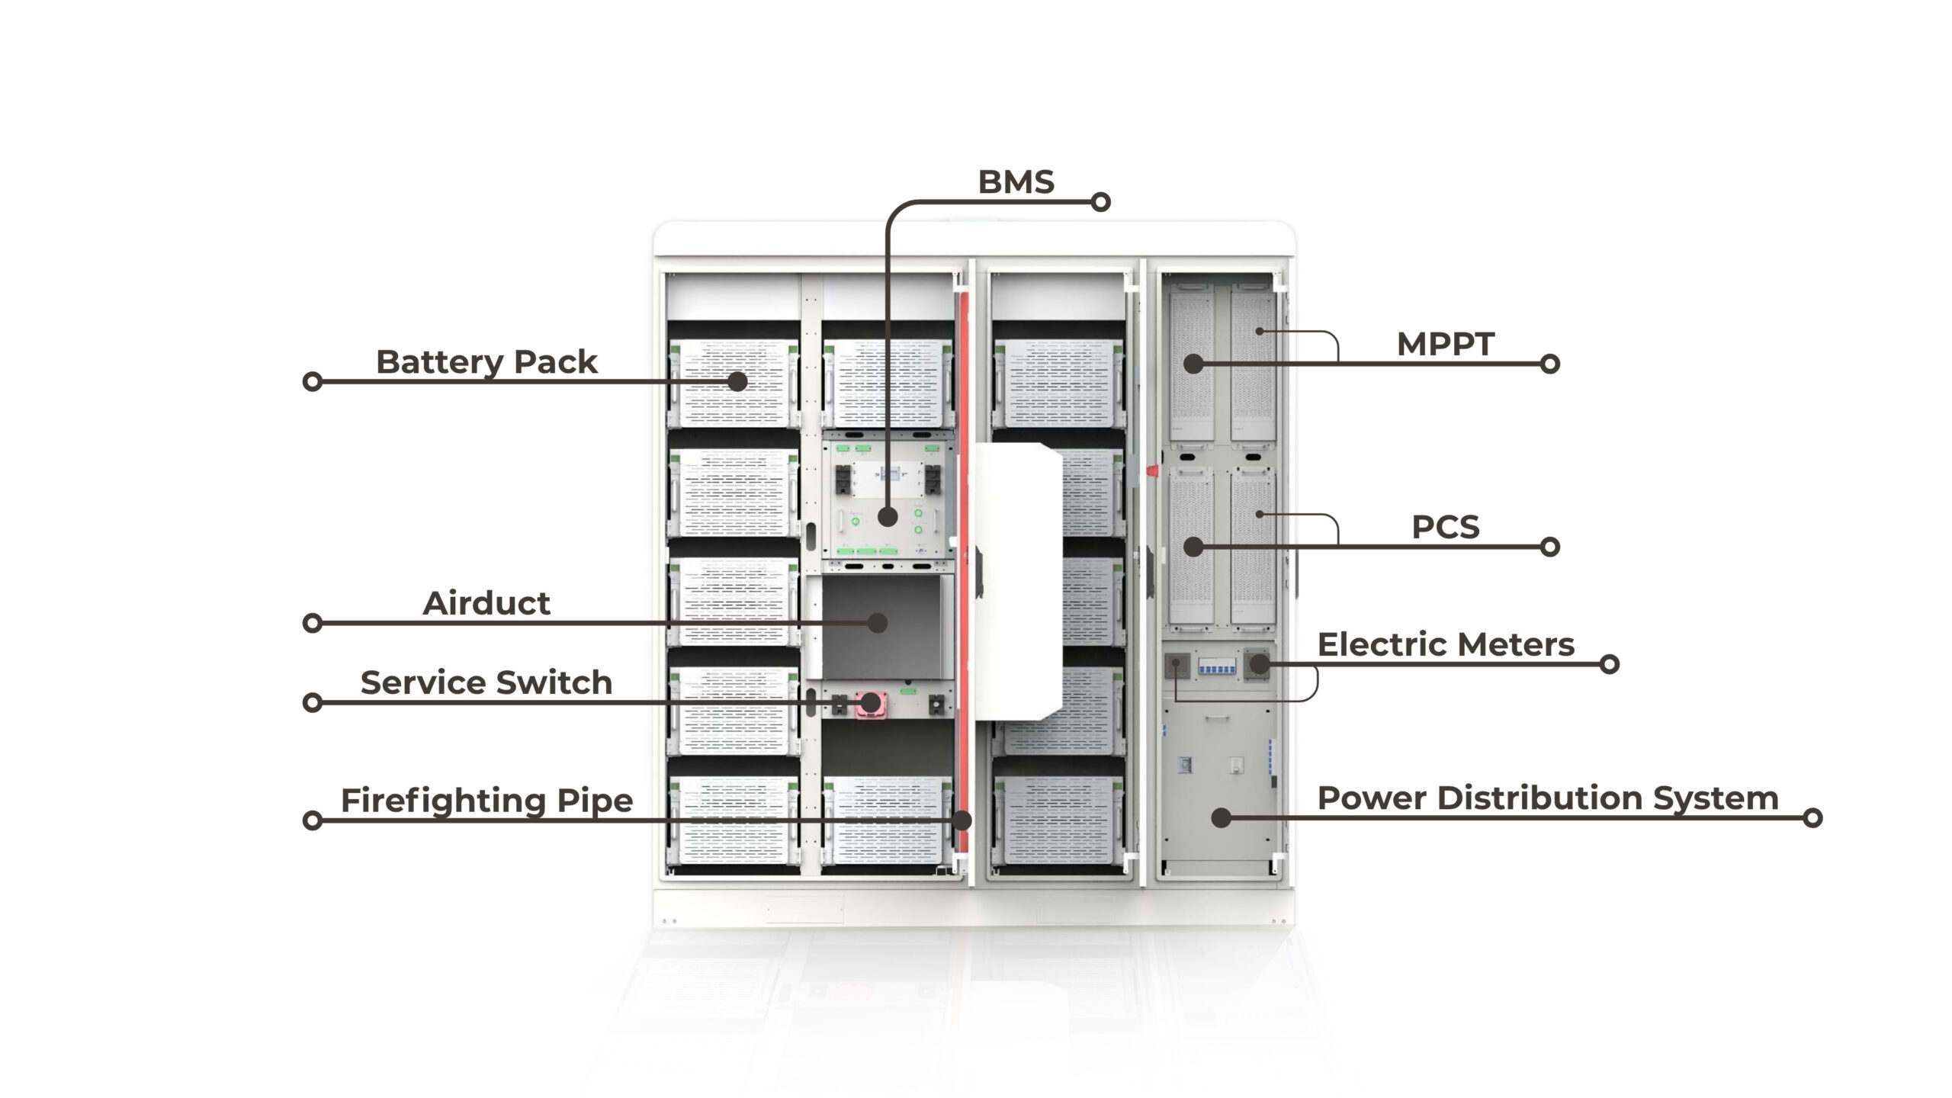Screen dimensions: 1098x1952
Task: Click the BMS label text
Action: click(1016, 182)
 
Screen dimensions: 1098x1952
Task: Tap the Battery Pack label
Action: click(486, 361)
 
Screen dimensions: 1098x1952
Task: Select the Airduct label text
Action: click(486, 603)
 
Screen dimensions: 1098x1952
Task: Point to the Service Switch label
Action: click(486, 682)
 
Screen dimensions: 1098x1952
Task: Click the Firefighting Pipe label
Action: click(486, 800)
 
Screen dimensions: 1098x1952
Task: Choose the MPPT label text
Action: click(1445, 344)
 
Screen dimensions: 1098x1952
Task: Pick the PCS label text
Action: click(1445, 527)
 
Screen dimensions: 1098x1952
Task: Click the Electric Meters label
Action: click(1446, 644)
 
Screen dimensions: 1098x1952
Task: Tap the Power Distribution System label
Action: click(1548, 798)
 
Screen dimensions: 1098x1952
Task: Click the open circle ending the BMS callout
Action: click(1100, 202)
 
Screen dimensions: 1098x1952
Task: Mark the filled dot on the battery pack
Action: click(737, 381)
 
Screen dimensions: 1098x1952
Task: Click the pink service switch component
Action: click(868, 703)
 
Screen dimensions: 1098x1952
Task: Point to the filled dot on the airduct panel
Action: click(878, 623)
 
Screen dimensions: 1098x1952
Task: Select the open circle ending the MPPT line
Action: click(1549, 364)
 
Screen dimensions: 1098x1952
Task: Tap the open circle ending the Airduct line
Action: click(312, 623)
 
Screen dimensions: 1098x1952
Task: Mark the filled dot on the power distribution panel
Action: click(1222, 818)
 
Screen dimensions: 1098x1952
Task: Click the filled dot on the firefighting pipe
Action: click(963, 820)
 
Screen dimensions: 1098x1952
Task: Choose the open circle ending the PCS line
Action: click(1549, 547)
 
